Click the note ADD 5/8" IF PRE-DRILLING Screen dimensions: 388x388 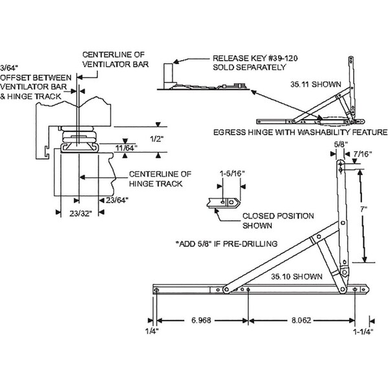point(227,244)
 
